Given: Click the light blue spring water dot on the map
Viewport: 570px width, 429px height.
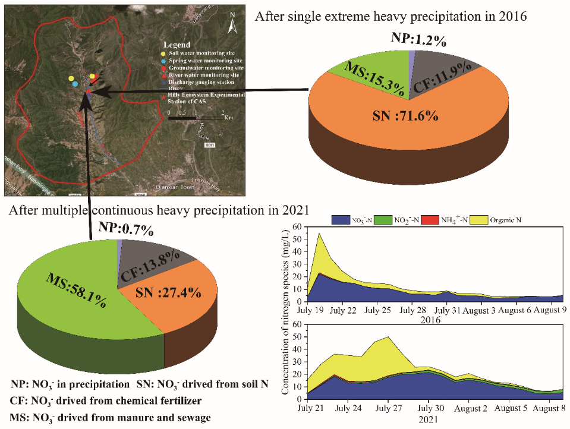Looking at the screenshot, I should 75,84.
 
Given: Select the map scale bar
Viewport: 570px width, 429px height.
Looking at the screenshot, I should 196,118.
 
